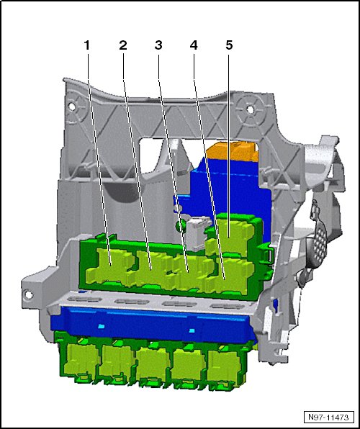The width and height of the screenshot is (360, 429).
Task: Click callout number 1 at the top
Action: (87, 45)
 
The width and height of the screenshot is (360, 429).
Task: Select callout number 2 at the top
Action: (123, 45)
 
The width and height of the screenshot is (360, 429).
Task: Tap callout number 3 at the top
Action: (158, 45)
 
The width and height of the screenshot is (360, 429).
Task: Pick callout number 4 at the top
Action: (194, 45)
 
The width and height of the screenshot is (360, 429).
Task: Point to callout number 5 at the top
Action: (229, 45)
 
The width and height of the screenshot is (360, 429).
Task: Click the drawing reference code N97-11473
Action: (328, 417)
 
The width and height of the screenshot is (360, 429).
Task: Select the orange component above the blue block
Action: (233, 151)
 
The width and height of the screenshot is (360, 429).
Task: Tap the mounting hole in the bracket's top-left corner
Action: (72, 106)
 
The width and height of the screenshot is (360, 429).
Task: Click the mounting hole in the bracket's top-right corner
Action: (250, 109)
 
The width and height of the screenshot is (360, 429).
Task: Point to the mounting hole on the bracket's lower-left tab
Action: (29, 294)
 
